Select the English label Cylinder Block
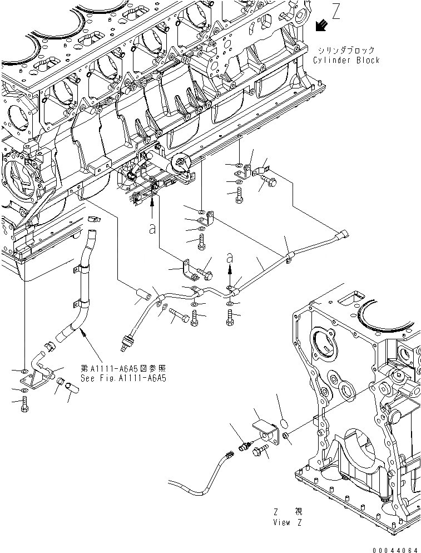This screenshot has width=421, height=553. click(x=345, y=60)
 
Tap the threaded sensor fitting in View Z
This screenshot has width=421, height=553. click(x=243, y=447)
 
